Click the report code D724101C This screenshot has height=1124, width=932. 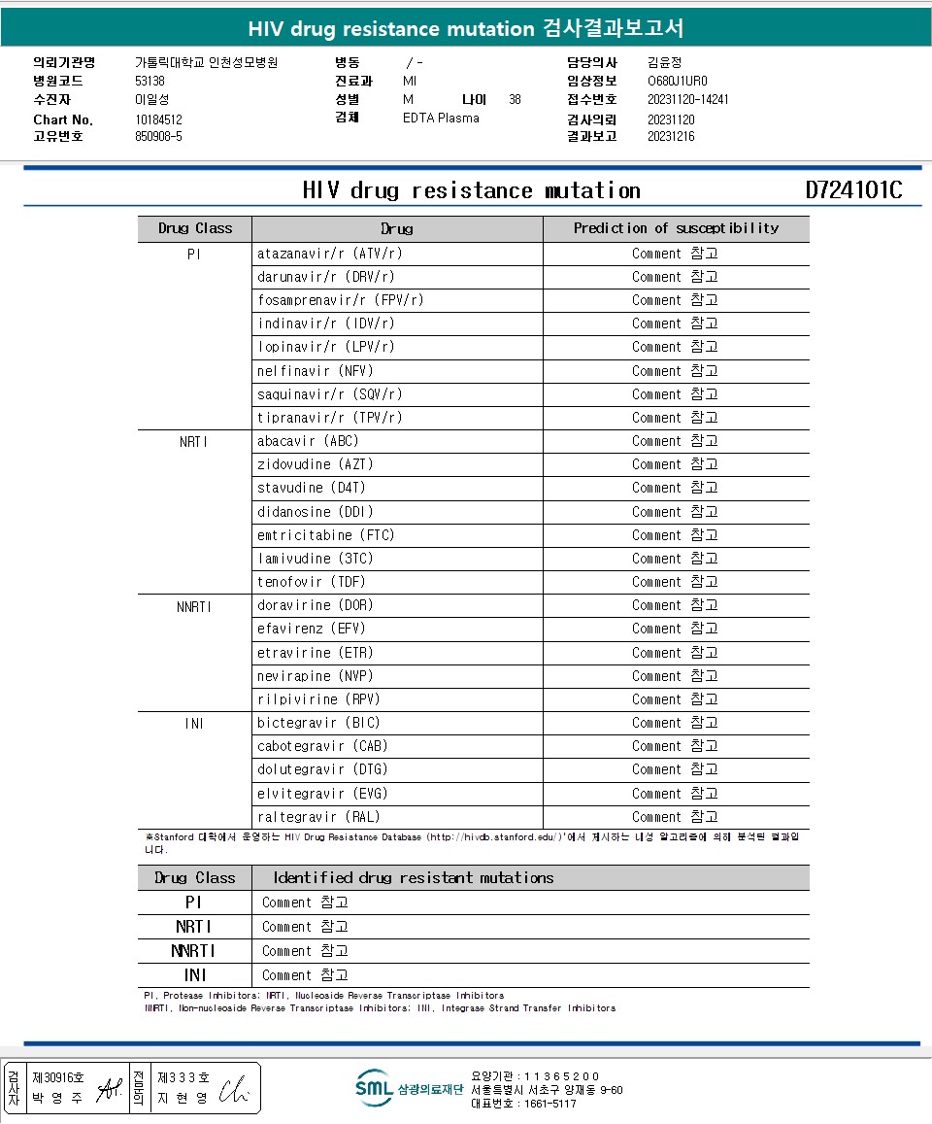pos(853,189)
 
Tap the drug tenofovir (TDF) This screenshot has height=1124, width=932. pos(311,582)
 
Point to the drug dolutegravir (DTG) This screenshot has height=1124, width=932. pos(322,769)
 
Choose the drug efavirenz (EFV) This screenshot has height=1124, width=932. pos(312,629)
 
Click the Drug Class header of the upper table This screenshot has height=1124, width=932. pos(195,228)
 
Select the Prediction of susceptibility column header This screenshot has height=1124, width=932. pos(676,228)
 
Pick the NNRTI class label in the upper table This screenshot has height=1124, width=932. pos(194,605)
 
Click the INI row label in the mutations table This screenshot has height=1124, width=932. pos(195,974)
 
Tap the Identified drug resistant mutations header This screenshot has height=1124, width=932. pos(413,877)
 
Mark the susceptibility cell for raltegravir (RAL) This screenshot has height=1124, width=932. pos(675,817)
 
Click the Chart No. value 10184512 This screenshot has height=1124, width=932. pos(158,119)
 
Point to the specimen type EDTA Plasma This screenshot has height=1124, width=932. pos(441,118)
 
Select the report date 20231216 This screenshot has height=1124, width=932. pos(671,137)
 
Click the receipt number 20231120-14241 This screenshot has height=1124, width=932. pos(687,99)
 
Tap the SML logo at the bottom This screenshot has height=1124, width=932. pos(374,1088)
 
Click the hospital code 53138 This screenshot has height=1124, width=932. pos(150,81)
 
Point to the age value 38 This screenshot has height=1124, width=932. pos(515,99)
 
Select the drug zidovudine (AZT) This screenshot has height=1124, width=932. pos(316,464)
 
